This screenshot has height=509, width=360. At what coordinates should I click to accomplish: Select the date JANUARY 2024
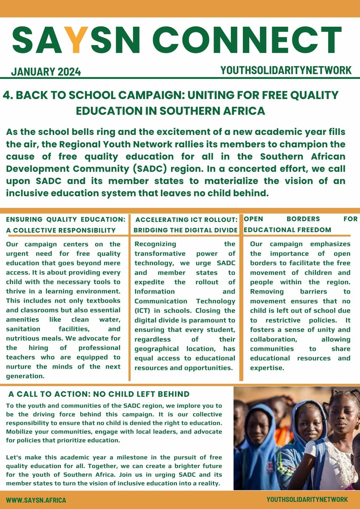46,71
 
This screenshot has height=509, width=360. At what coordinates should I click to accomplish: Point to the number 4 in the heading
6,95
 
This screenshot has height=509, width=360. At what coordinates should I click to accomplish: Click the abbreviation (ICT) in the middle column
143,310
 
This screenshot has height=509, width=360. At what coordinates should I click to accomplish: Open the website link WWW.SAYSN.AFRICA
36,500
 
